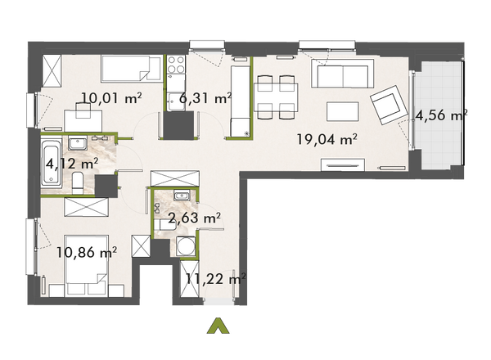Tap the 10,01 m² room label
tap(112, 100)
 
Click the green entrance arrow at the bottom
tap(217, 325)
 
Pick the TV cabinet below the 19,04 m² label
tap(348, 166)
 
